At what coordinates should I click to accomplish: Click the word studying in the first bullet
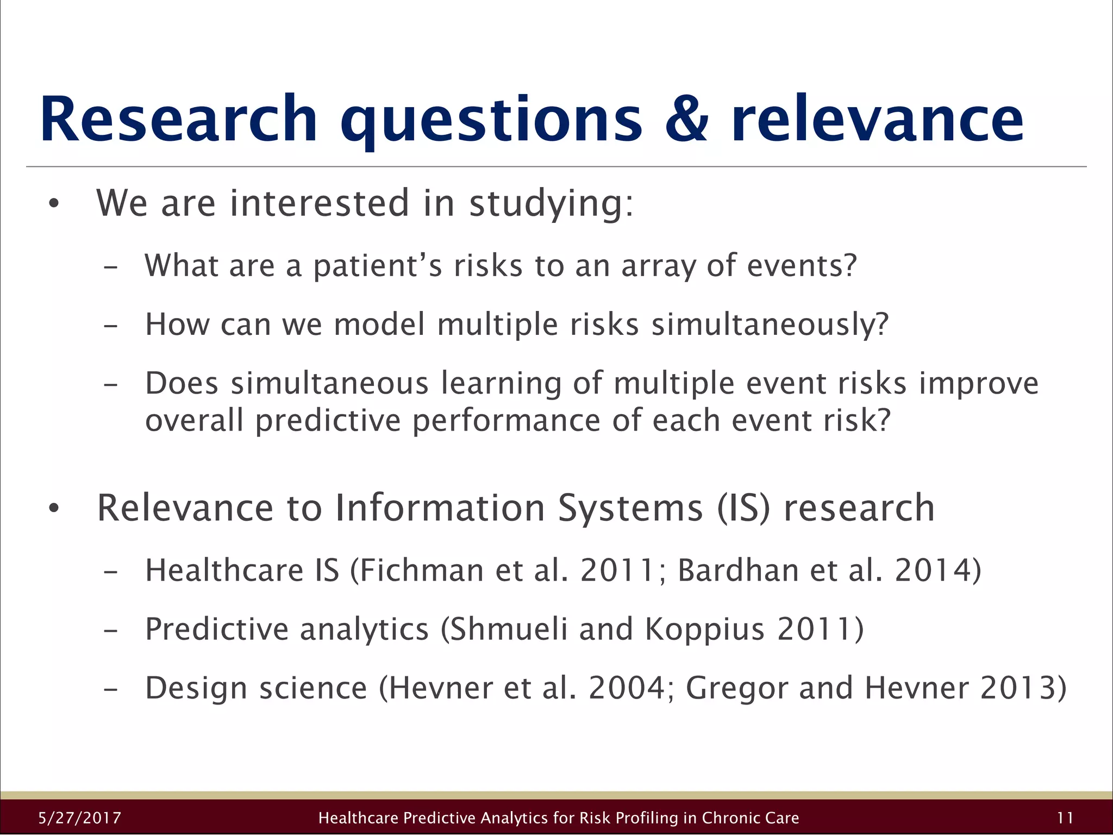point(551,204)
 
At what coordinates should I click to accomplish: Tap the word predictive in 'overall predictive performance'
point(328,420)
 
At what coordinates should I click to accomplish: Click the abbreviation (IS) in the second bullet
point(743,508)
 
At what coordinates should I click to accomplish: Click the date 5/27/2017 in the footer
point(80,818)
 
